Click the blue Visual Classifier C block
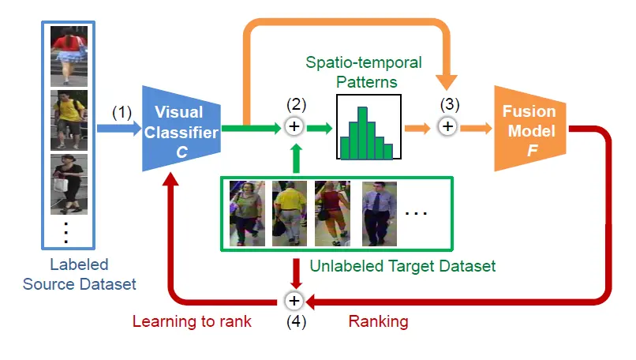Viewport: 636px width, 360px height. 181,129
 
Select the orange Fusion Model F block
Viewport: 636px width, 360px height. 529,129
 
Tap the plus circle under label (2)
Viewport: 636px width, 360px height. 294,126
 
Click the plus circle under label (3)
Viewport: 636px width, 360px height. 447,126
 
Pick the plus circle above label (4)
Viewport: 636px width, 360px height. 294,301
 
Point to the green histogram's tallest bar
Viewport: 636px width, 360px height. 363,133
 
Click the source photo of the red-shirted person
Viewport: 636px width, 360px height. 69,56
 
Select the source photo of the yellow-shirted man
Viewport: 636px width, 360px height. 69,120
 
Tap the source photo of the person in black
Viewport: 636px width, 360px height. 69,184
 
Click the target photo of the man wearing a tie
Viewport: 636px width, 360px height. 380,214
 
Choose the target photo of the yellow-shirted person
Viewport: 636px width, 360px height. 290,214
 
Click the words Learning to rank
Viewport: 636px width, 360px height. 192,321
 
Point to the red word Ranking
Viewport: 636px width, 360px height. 379,321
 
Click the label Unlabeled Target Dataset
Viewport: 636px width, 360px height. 402,266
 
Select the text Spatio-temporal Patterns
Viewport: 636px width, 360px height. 364,73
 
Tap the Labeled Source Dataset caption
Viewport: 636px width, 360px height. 80,275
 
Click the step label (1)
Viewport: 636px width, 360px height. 122,112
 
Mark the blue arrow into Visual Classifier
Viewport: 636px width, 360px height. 119,129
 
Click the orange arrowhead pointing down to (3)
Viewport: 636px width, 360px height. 447,82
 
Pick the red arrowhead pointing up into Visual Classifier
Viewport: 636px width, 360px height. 170,179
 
